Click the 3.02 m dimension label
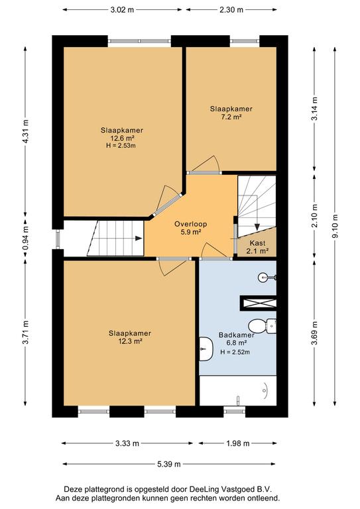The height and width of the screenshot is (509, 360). pos(122,10)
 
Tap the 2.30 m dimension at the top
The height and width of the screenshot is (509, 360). pos(231,10)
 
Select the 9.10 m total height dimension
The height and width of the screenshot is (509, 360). pos(335,226)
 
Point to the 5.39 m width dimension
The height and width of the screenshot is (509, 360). pos(169,464)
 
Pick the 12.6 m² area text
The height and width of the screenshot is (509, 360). pos(123,138)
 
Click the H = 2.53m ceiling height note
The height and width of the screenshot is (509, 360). pos(121,146)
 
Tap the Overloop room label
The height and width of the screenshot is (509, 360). pos(190,223)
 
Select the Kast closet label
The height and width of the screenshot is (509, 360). pos(257,243)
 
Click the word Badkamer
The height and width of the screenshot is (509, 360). pos(236,335)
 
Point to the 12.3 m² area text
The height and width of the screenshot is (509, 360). pos(130,341)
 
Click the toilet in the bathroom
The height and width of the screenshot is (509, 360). pos(263,325)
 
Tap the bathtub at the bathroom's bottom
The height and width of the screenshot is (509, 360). pos(237,390)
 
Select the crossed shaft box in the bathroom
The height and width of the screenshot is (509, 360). pos(258,303)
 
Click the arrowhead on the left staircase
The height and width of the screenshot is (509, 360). pos(139,239)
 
